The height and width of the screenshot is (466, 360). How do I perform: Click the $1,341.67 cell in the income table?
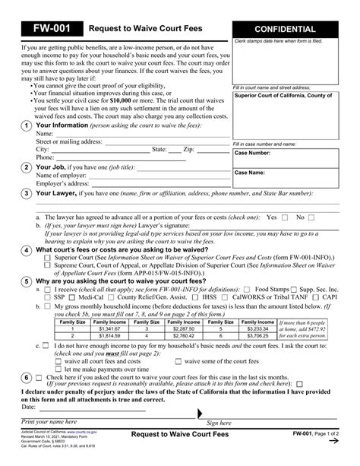111,328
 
